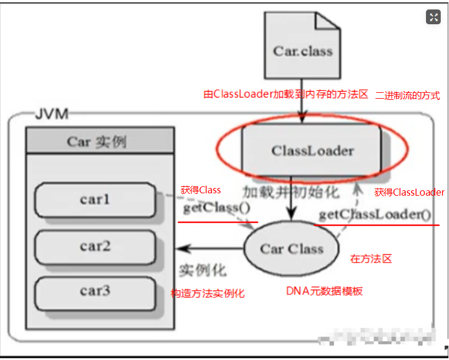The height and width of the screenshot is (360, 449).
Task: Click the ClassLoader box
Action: click(313, 150)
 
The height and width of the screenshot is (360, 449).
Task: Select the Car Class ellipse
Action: click(291, 248)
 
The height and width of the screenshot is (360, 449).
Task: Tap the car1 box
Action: click(95, 200)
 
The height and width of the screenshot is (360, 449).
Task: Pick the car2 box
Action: click(95, 245)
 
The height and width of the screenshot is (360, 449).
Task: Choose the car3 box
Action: click(95, 291)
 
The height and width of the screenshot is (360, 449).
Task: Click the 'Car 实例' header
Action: click(99, 142)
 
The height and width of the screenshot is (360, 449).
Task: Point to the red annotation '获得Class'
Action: click(201, 190)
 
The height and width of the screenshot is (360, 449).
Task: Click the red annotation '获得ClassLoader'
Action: click(409, 192)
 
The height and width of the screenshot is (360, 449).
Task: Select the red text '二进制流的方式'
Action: click(408, 95)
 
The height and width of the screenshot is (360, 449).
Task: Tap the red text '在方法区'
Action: click(371, 258)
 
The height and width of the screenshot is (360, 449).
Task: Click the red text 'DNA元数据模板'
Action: click(324, 291)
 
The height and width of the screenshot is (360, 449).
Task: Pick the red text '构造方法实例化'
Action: click(207, 293)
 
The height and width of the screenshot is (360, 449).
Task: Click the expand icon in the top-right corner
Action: click(433, 17)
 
